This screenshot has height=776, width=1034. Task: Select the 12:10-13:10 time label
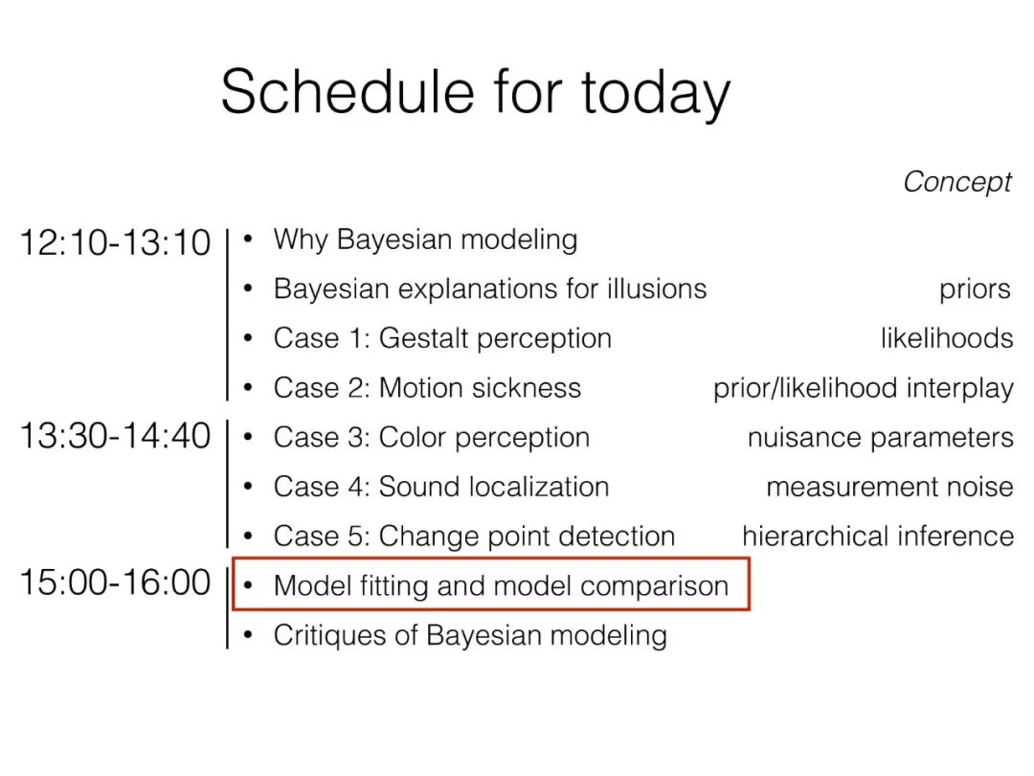tap(116, 242)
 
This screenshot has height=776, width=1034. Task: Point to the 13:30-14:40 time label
tap(116, 436)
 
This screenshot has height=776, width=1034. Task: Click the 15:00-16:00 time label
tap(116, 582)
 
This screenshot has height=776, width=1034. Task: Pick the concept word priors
tap(975, 289)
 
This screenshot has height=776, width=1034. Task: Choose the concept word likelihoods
tap(946, 338)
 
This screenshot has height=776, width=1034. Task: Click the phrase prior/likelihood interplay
tap(864, 388)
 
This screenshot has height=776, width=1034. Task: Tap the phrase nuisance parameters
tap(881, 438)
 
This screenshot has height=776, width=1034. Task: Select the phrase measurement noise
tap(889, 487)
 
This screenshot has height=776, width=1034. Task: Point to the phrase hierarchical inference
tap(878, 536)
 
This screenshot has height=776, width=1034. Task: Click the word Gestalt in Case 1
tap(424, 338)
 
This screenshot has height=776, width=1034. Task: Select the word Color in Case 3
tap(413, 438)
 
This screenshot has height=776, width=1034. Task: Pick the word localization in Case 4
tap(538, 487)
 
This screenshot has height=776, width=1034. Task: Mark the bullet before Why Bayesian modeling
tap(249, 239)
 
